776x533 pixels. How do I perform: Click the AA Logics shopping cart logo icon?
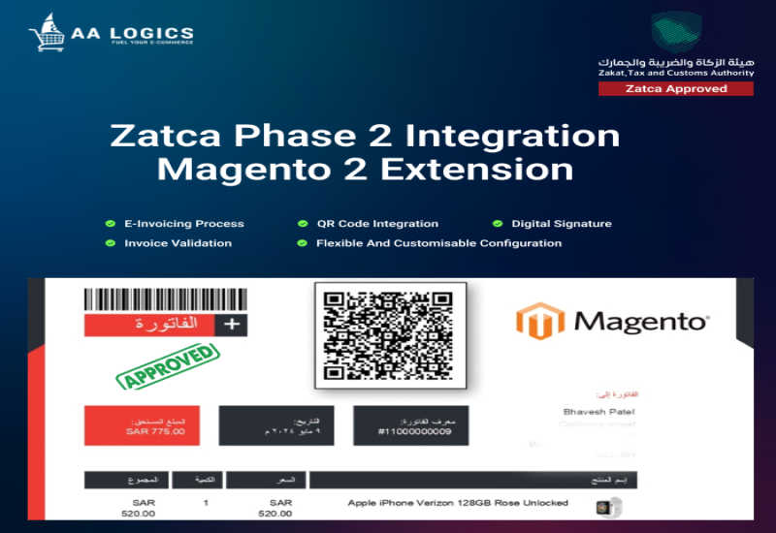click(47, 32)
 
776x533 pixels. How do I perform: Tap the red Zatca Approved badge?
click(675, 88)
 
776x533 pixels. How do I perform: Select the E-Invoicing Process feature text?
click(183, 224)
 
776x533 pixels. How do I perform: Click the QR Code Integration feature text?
click(376, 224)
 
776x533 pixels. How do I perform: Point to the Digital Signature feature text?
click(561, 224)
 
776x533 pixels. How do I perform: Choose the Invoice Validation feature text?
click(178, 243)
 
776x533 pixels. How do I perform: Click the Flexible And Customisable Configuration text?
click(438, 243)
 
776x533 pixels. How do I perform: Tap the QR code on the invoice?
click(390, 334)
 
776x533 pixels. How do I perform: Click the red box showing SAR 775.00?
click(142, 425)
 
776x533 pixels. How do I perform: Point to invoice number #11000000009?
click(414, 431)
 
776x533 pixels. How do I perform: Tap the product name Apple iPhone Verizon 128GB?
click(458, 503)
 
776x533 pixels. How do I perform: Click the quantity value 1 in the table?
click(206, 503)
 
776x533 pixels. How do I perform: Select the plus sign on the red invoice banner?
click(231, 325)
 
